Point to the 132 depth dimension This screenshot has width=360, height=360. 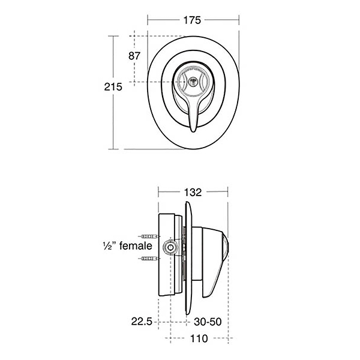(193, 193)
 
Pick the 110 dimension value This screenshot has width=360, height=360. (199, 339)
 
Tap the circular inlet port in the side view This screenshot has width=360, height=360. (170, 247)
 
